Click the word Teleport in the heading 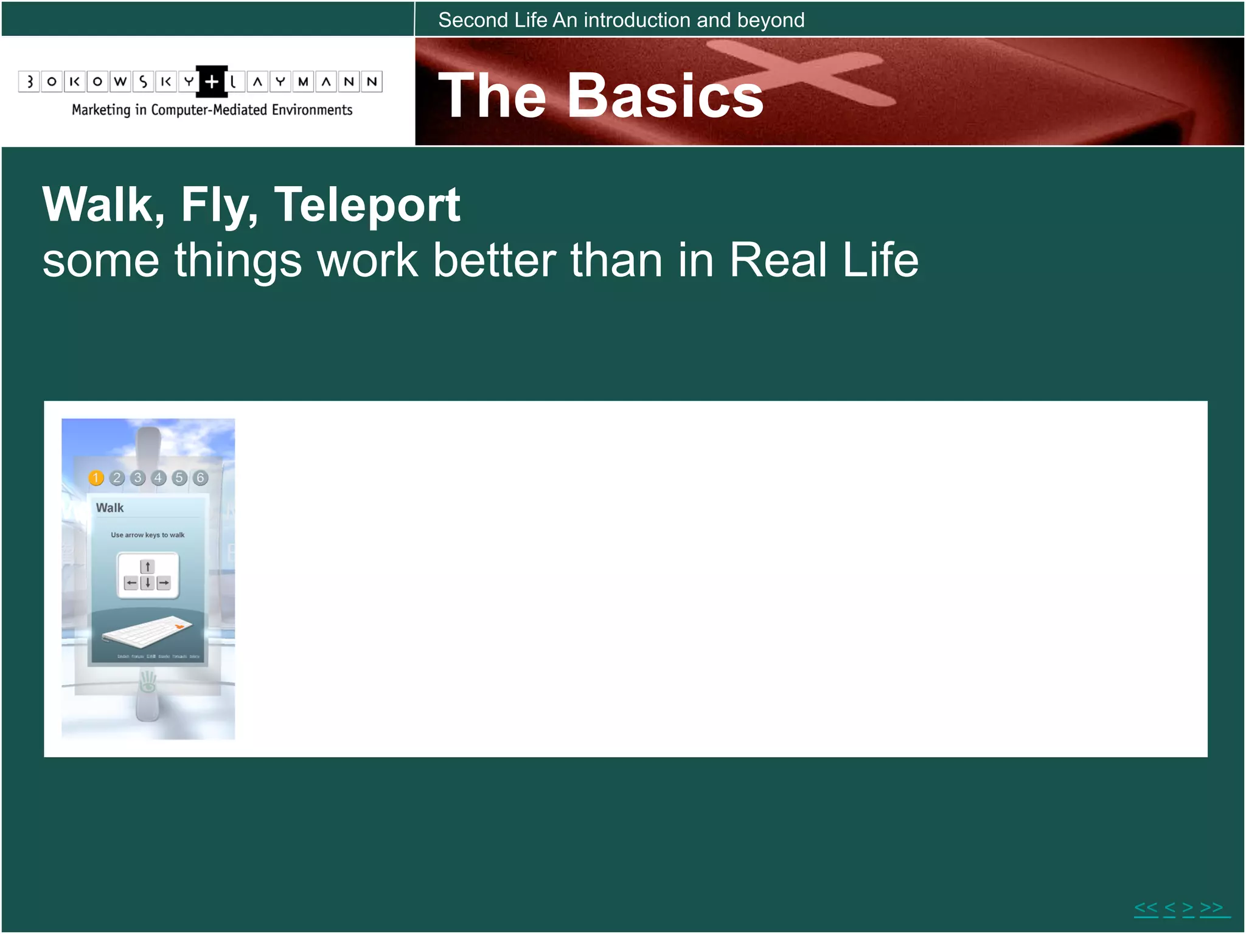367,206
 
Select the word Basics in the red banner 665,95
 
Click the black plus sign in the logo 211,81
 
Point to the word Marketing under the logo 101,110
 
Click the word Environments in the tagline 311,110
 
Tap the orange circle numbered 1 96,478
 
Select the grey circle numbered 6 200,478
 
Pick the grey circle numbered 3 138,478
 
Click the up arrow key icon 147,567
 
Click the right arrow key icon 164,583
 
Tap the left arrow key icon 131,583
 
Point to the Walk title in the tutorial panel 110,508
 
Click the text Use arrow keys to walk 147,535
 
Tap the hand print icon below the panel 147,682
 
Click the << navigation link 1146,908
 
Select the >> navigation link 1211,908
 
